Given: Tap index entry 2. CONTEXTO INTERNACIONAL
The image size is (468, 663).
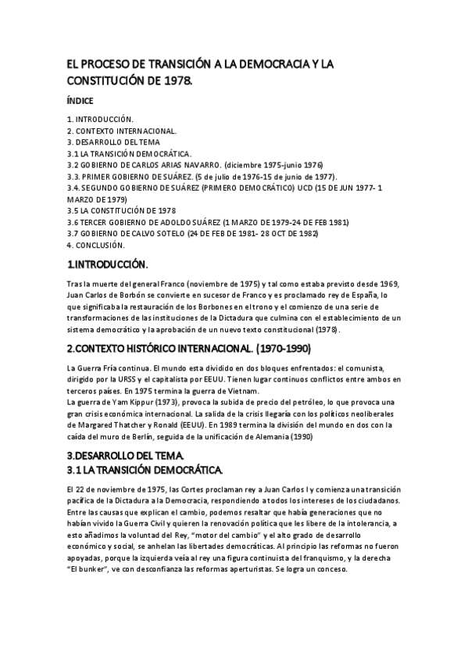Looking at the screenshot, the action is click(x=121, y=131).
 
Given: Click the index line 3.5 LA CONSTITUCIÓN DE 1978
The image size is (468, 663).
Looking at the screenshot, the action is click(x=121, y=210).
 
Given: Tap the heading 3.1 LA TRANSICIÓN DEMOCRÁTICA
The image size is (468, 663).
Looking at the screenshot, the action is click(x=145, y=469).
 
